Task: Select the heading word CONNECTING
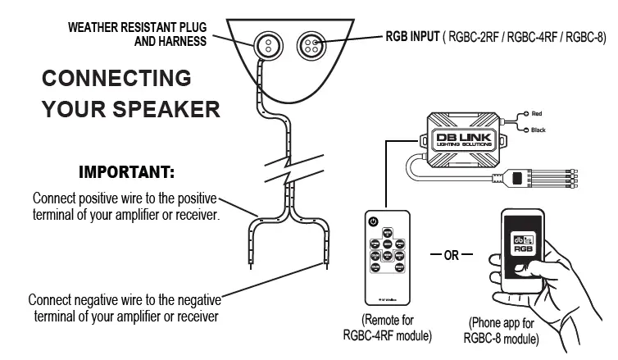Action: tap(116, 80)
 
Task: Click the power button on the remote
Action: tap(373, 221)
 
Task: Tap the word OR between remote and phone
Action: tap(451, 254)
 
